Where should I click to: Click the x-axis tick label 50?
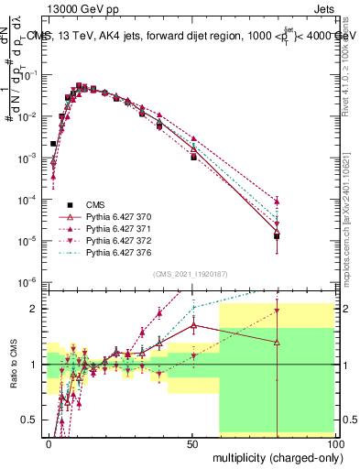[192, 442]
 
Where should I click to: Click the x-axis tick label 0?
[49, 442]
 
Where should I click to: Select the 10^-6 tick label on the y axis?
[27, 282]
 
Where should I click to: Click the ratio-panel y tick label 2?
[35, 309]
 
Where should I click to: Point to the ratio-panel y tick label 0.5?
[30, 420]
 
